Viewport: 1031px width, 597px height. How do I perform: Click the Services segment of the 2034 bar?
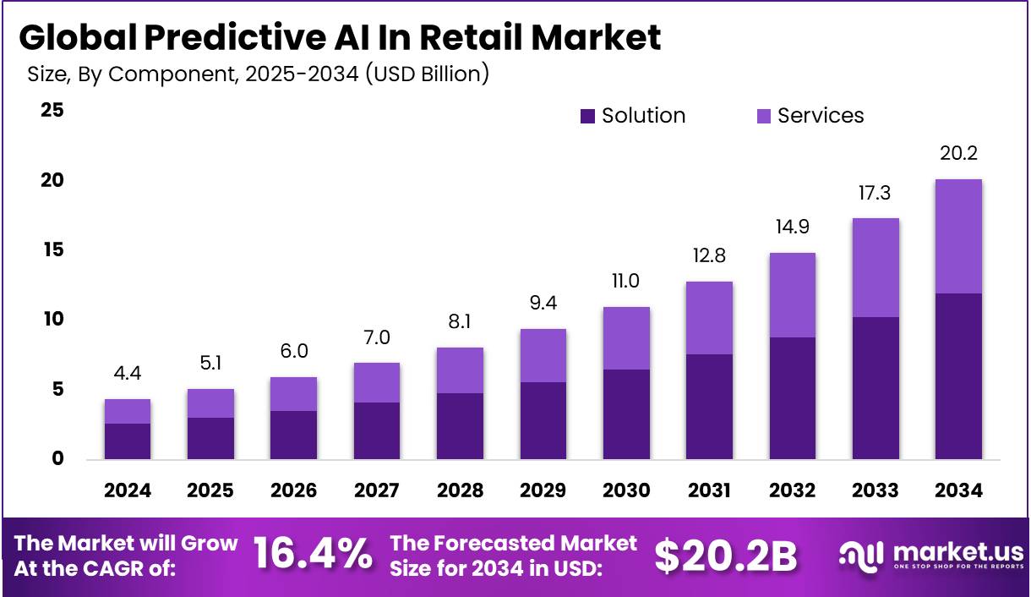tap(959, 236)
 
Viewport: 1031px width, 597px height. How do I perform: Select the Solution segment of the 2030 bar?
tap(626, 414)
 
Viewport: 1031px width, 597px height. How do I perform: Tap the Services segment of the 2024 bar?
tap(128, 411)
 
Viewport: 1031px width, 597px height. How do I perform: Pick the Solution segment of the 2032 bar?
tap(793, 398)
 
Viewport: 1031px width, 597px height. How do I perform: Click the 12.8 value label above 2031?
tap(709, 255)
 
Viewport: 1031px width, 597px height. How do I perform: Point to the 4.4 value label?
tap(128, 374)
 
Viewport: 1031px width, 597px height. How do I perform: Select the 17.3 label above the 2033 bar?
tap(876, 193)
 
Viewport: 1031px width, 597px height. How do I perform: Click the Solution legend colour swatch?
tap(588, 117)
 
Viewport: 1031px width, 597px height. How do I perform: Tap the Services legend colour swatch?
tap(764, 117)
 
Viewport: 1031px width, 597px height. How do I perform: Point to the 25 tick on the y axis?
tap(53, 111)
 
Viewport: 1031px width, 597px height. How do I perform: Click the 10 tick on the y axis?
tap(53, 320)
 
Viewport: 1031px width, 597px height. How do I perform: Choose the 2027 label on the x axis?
tap(377, 491)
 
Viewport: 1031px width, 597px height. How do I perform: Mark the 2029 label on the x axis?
tap(543, 491)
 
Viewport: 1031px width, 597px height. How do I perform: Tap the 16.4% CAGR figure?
tap(313, 554)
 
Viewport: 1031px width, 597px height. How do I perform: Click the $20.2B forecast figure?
tap(725, 555)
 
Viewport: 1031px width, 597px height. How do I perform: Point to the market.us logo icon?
tap(859, 555)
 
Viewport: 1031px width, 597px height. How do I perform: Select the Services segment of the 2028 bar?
tap(460, 370)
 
